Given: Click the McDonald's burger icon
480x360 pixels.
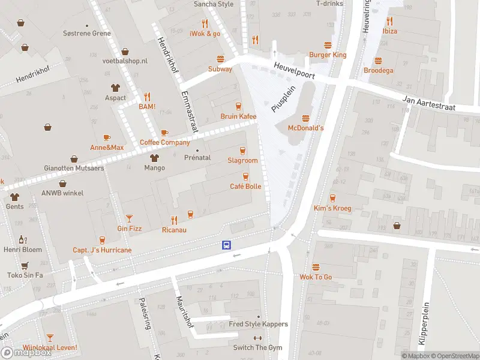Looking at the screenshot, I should [305, 118].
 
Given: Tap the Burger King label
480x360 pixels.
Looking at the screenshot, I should [328, 55].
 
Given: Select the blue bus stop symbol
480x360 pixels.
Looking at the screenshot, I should [227, 245].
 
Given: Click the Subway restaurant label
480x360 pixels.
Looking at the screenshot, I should [220, 69].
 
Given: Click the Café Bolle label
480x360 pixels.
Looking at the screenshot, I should [245, 187].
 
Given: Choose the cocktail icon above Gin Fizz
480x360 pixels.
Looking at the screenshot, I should [129, 218].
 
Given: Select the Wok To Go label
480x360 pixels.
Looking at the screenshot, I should [316, 277].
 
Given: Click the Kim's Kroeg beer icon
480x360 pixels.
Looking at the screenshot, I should [332, 197].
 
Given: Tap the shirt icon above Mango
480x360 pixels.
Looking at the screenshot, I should [154, 158].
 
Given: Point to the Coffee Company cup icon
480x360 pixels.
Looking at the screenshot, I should [164, 133].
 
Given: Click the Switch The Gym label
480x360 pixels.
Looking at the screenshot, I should [258, 348].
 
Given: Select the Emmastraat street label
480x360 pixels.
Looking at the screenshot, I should [189, 112].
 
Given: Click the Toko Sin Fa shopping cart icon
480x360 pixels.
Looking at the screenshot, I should [25, 265].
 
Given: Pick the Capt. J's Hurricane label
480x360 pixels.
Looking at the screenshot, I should [102, 250].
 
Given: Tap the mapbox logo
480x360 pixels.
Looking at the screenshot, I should [26, 352].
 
